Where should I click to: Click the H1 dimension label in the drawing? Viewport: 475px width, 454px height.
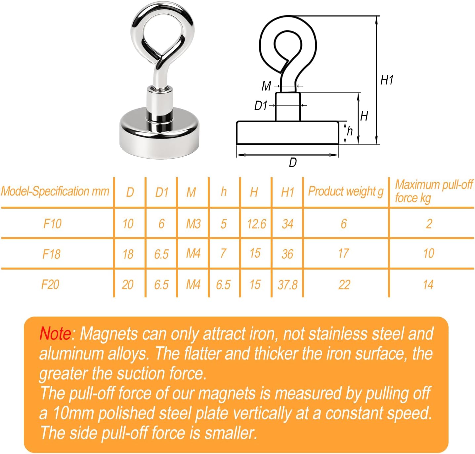(386, 80)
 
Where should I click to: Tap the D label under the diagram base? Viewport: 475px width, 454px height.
(293, 163)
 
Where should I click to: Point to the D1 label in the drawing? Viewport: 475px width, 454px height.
(261, 106)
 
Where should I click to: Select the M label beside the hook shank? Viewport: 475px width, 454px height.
(266, 86)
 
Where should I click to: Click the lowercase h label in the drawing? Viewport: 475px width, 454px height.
(350, 131)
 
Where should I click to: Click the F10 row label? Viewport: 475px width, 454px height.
(52, 224)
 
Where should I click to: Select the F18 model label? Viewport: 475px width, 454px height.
(52, 254)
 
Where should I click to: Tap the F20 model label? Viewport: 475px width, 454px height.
(50, 285)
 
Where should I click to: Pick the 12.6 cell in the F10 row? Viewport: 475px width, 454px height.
(256, 224)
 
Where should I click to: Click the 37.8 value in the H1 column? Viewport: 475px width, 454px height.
(287, 285)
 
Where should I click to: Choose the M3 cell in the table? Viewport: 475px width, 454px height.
(193, 224)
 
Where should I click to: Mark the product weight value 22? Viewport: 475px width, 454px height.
(344, 285)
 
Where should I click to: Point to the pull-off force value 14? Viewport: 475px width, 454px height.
(428, 285)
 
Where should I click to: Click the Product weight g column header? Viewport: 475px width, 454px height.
(346, 191)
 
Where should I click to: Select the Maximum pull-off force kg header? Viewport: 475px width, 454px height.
(434, 191)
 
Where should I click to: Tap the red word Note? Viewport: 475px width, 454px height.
(55, 333)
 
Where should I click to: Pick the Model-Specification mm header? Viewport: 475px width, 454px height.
(55, 191)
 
